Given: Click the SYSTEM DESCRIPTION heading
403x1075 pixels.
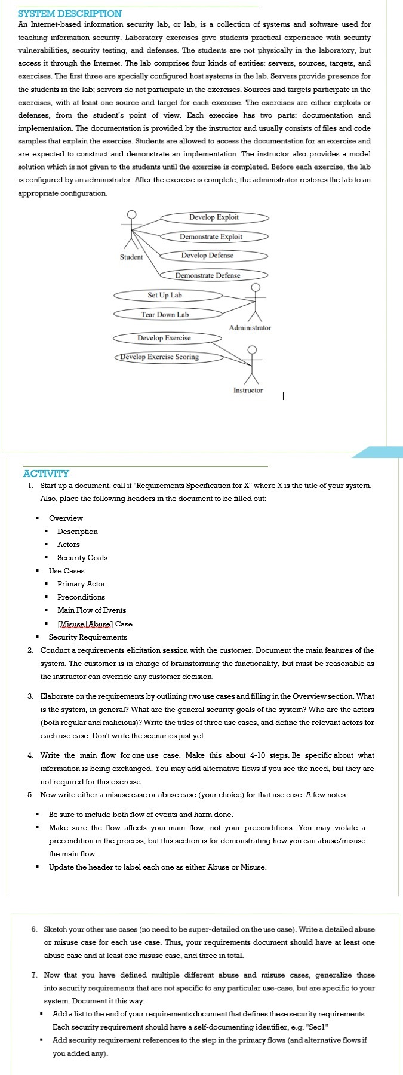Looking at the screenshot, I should click(70, 13).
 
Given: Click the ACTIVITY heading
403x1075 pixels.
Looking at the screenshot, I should click(46, 474).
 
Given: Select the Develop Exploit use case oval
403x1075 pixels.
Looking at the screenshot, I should click(214, 217).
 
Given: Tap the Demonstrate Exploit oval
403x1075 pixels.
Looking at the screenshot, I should click(211, 236).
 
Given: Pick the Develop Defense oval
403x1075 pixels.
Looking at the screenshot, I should click(208, 256).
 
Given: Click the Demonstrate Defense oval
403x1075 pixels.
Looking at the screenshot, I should click(208, 275).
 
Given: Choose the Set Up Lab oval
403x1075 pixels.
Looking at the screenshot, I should click(165, 295).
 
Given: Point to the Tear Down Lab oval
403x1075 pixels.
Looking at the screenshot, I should click(165, 315).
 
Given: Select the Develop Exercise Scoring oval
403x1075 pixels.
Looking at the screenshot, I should click(159, 357).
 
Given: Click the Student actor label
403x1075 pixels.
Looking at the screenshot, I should click(131, 257).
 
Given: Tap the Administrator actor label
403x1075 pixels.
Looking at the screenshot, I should click(250, 328).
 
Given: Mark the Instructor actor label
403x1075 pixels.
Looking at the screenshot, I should click(248, 391).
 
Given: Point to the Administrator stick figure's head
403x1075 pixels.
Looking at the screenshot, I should click(256, 288).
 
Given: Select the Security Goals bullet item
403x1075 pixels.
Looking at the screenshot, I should click(82, 558).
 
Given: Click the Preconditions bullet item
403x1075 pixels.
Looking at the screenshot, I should click(81, 597).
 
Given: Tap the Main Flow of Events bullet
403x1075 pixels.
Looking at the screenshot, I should click(91, 610).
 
